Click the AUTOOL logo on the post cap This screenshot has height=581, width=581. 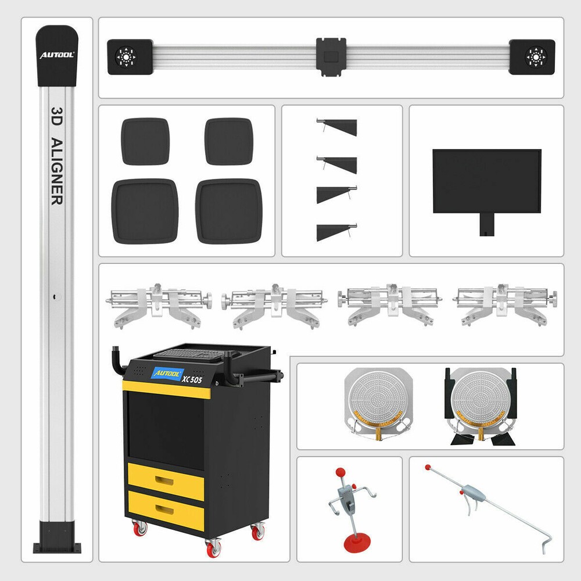coord(56,56)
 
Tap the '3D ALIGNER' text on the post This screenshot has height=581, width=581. coord(56,155)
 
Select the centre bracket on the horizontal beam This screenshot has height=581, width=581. coord(331,56)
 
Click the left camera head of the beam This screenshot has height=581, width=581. coord(129,57)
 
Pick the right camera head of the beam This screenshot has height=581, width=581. coord(532,57)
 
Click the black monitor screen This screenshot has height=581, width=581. coord(487,181)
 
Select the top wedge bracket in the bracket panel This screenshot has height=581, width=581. coord(338,127)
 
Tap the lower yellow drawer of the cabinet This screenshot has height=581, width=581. coord(166,510)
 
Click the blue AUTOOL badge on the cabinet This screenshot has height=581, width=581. coord(167,373)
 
